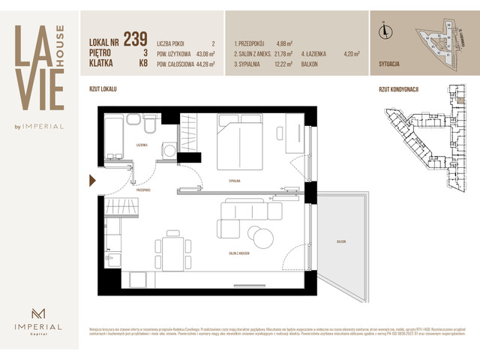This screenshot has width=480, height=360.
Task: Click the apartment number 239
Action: point(135,38)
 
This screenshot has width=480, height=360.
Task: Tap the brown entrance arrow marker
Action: point(92,180)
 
